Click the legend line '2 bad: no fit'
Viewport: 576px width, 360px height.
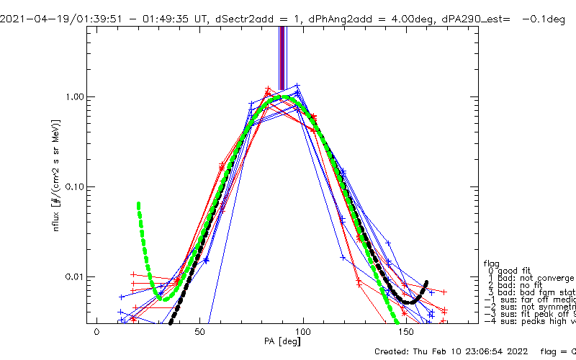518,285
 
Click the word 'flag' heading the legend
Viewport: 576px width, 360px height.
492,263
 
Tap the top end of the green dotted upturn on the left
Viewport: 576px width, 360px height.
138,204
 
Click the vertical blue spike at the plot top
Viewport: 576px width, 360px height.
282,58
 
